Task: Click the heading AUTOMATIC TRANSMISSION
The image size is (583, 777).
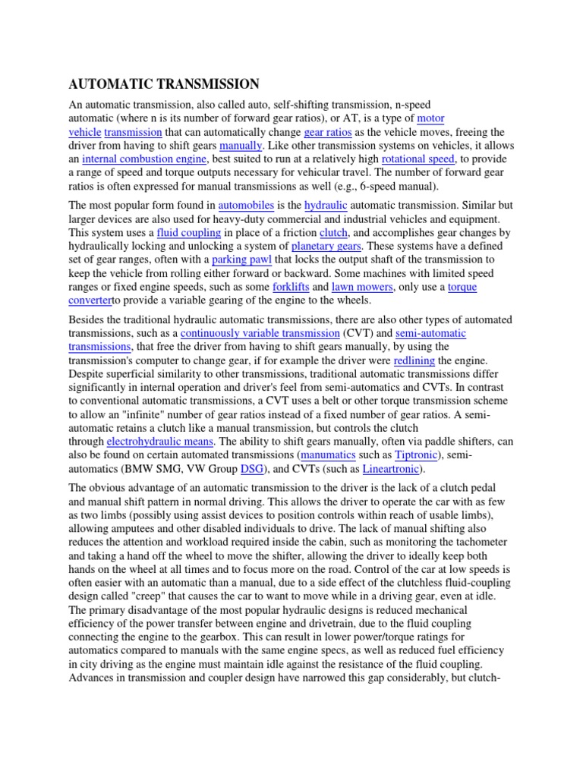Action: point(165,84)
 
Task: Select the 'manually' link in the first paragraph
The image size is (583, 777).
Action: point(240,146)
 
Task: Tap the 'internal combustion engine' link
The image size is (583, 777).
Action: point(144,159)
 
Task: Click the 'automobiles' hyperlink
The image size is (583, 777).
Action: point(246,206)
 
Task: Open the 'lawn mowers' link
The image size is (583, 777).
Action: point(362,288)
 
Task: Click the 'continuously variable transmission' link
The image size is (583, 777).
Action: point(260,333)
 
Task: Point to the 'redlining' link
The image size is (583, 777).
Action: point(414,360)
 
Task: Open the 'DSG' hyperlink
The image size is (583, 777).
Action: point(251,470)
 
